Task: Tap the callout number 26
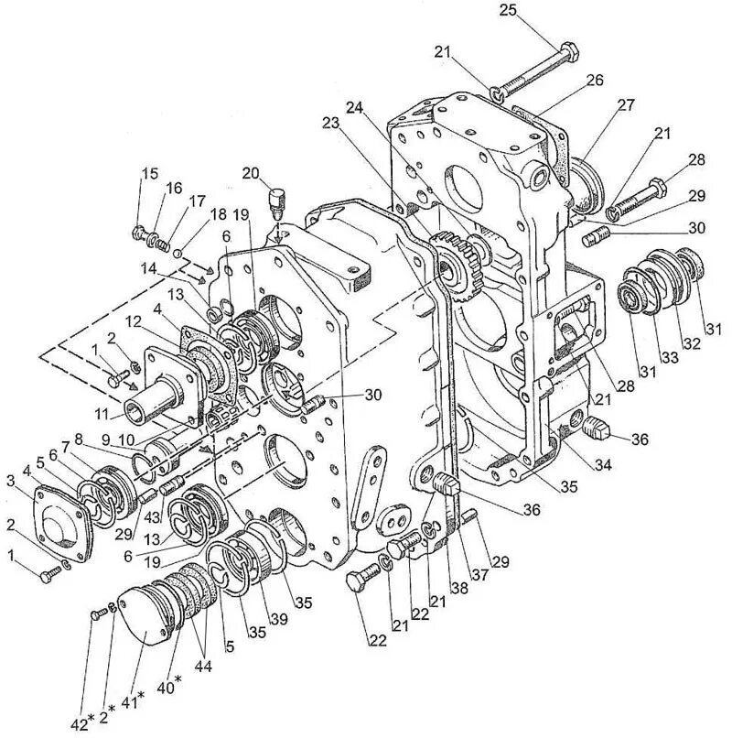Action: click(595, 81)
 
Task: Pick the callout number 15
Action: click(149, 174)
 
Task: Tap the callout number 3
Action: click(10, 480)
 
